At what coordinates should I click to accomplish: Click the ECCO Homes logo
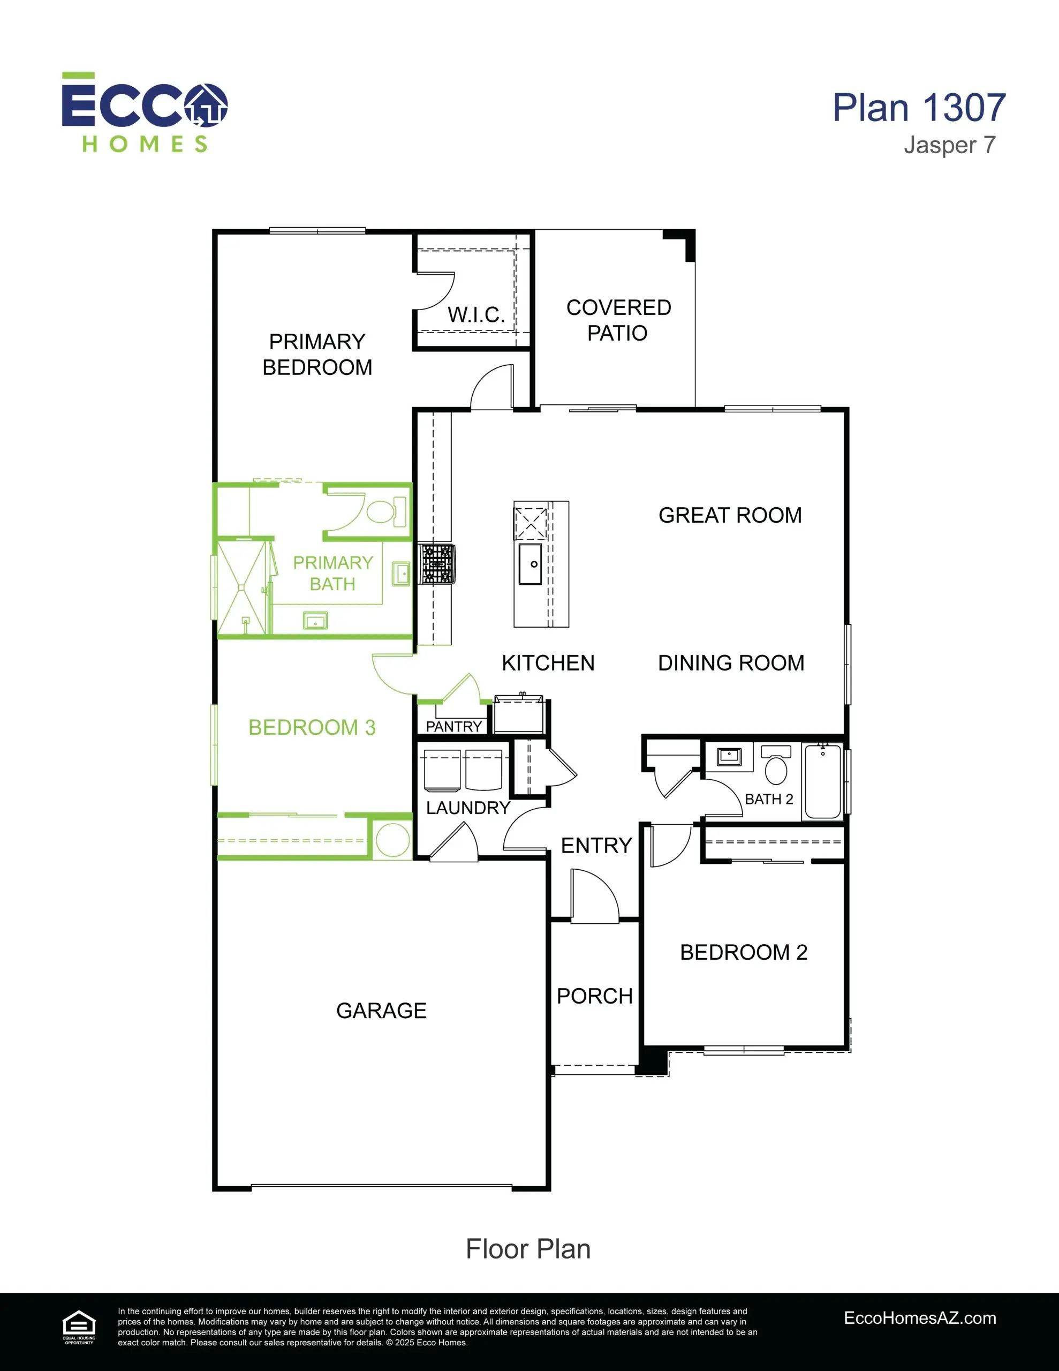(x=145, y=112)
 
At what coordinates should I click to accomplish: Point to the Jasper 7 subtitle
(x=949, y=145)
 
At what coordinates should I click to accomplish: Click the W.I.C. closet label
(x=476, y=314)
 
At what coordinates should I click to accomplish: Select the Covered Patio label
(x=618, y=320)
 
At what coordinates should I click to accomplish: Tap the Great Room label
(x=730, y=515)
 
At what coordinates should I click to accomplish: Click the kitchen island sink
(x=531, y=564)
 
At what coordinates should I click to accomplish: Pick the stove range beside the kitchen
(x=437, y=564)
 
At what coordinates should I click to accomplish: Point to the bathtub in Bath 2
(x=822, y=781)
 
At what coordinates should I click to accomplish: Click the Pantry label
(x=454, y=726)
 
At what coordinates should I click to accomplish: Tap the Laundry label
(x=468, y=808)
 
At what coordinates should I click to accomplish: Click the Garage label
(x=381, y=1011)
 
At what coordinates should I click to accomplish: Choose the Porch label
(x=594, y=996)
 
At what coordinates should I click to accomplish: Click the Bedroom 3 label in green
(x=312, y=728)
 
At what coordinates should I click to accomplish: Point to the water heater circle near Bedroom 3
(x=393, y=839)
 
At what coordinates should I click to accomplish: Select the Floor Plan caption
(x=528, y=1250)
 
